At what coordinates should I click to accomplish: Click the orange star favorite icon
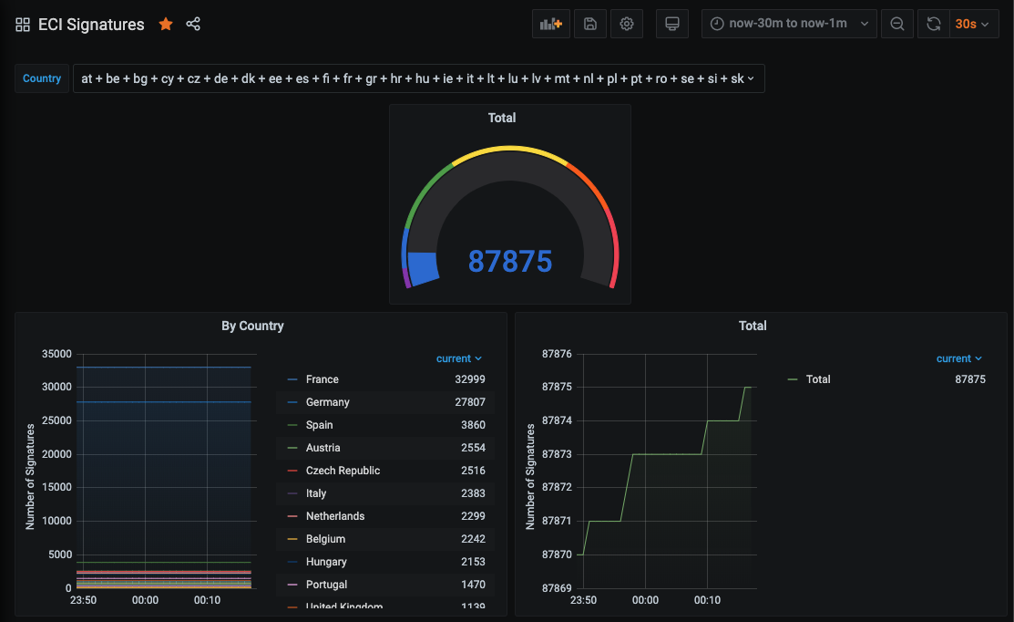(166, 25)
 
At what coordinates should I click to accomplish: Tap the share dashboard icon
(193, 25)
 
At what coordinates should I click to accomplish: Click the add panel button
(551, 25)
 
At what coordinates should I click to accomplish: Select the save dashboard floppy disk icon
(590, 25)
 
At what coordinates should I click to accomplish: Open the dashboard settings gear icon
(627, 25)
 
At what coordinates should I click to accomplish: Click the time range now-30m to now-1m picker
(789, 25)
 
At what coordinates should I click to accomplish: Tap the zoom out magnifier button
(897, 25)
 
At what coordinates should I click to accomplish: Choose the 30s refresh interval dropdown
(971, 25)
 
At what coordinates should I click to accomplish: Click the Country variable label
(42, 78)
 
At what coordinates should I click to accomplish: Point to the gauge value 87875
(510, 262)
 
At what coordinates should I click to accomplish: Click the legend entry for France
(322, 379)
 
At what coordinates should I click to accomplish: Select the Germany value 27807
(472, 402)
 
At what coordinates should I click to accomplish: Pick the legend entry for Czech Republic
(343, 471)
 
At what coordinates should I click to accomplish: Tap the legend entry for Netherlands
(334, 516)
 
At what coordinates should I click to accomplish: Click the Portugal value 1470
(473, 585)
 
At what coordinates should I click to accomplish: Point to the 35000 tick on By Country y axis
(56, 354)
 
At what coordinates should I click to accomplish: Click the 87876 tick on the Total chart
(557, 354)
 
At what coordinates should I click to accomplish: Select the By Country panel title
(252, 326)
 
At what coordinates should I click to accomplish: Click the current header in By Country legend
(458, 358)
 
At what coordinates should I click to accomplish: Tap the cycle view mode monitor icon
(672, 25)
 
